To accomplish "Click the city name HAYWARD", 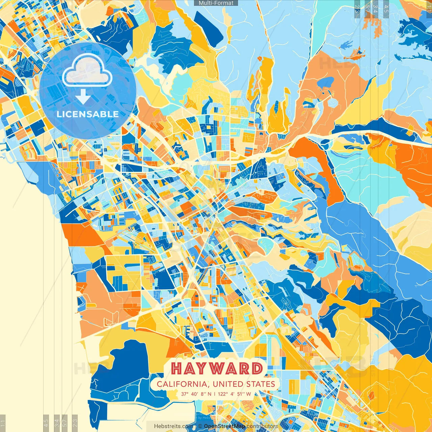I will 217,369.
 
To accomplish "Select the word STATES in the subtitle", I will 260,384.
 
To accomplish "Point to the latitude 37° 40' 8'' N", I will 196,394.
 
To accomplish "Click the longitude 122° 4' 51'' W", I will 234,394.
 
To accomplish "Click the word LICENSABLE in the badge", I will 87,114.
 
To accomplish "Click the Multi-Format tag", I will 216,3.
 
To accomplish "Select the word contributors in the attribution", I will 262,426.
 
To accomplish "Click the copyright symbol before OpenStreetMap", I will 200,426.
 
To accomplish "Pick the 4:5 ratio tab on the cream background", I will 46,423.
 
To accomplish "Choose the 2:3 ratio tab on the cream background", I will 75,423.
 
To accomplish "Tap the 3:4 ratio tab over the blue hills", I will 375,9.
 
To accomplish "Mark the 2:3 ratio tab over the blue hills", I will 357,9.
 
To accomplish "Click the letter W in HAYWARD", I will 227,369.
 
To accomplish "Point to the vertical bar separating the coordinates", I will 215,394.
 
